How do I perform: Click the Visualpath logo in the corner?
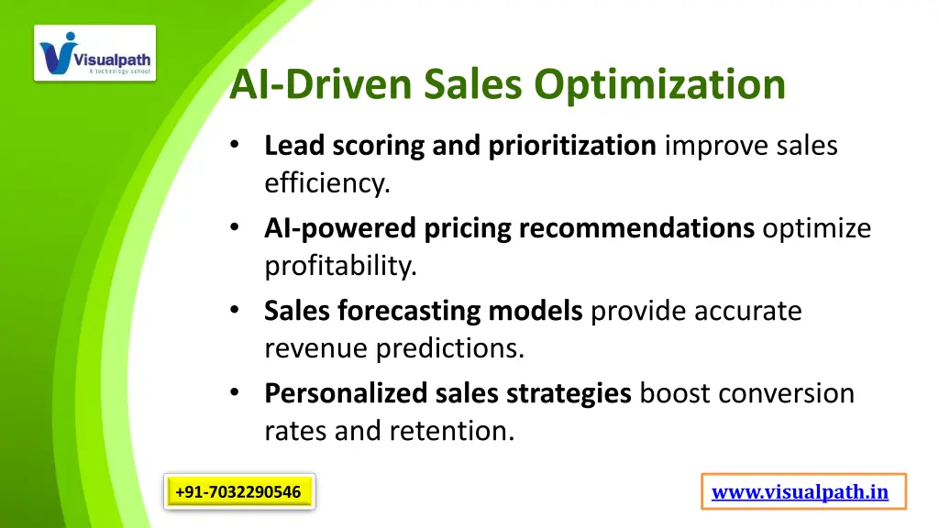(x=95, y=53)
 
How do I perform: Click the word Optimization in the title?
(x=661, y=84)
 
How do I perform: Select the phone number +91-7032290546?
(x=238, y=492)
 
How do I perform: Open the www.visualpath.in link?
(x=801, y=492)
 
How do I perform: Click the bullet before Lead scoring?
(x=237, y=145)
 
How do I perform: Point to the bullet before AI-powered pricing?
(x=237, y=227)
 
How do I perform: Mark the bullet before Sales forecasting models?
(x=237, y=311)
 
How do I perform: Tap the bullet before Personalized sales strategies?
(x=237, y=393)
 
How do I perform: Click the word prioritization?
(x=571, y=146)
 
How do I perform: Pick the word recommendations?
(x=636, y=228)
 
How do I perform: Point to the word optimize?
(x=816, y=228)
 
